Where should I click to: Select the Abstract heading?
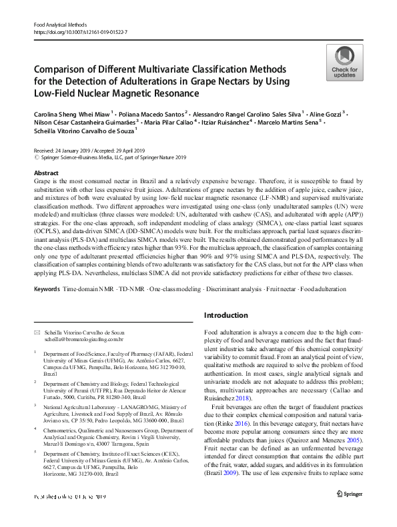[x=46, y=173]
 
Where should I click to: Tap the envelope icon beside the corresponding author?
[x=37, y=331]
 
